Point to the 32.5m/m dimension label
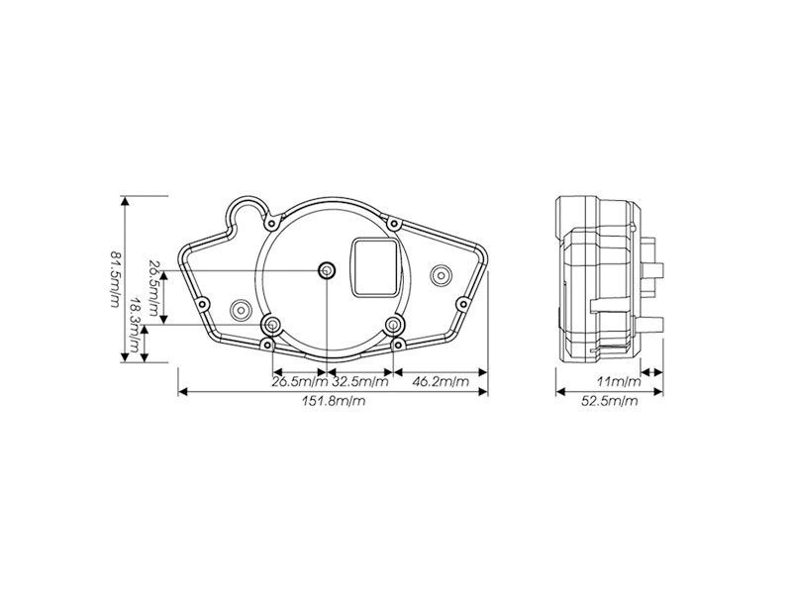360,381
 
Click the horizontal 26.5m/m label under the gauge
299,381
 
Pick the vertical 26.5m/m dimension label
153,288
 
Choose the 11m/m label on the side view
619,381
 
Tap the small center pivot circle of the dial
327,271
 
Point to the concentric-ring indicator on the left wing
240,311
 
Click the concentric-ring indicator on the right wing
441,272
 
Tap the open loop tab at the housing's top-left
248,211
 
